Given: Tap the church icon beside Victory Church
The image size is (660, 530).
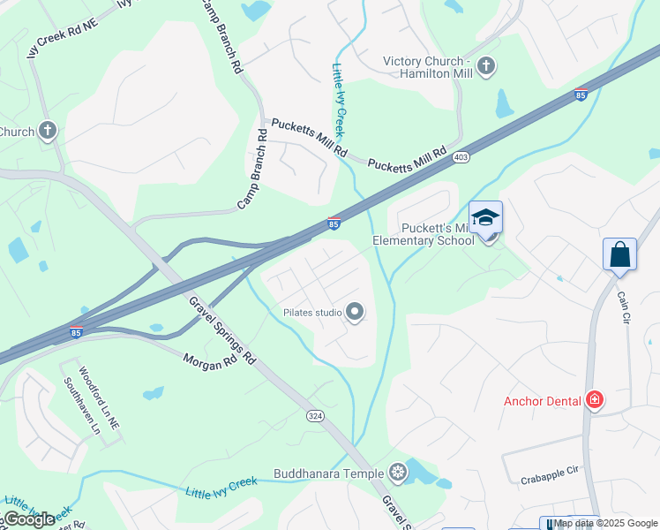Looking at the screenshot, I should coord(485,66).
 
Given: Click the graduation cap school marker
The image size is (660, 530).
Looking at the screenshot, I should coord(485,218).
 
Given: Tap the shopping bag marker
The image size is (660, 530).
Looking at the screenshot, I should coord(619,254).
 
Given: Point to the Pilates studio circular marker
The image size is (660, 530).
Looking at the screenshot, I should coord(355,313).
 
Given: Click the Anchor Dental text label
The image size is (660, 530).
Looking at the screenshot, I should coord(542,401).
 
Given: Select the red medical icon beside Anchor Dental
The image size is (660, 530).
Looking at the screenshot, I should coord(596,401).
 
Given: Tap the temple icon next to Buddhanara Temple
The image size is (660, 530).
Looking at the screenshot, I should coord(398,473).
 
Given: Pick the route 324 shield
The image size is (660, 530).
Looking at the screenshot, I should coord(314,415).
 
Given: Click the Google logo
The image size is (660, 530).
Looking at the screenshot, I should coord(29,519).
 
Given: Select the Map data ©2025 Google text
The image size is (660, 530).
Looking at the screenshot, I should coord(606,524).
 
